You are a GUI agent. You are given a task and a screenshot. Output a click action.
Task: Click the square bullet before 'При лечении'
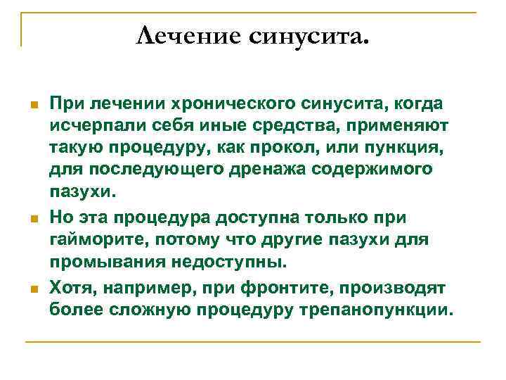[32, 105]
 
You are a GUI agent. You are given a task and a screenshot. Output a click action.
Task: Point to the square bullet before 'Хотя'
[32, 288]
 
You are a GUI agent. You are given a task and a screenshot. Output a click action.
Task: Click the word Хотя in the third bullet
[72, 286]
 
